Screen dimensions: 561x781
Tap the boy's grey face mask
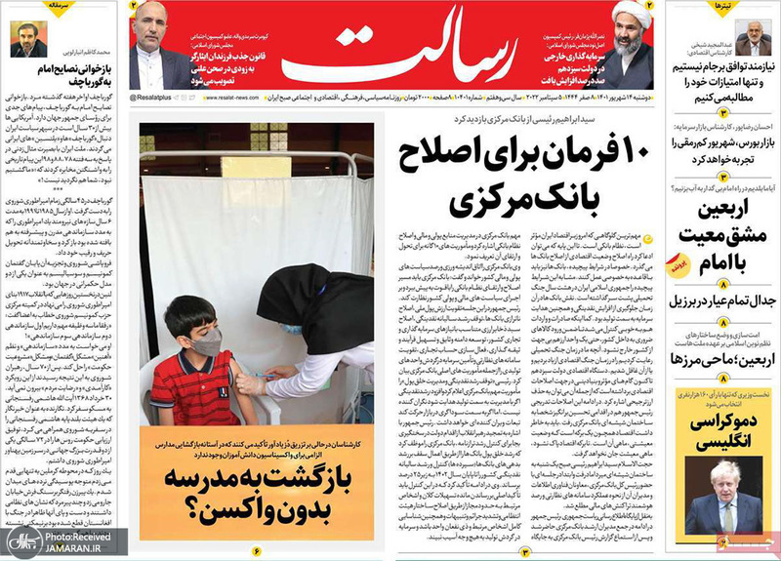tap(207, 341)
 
